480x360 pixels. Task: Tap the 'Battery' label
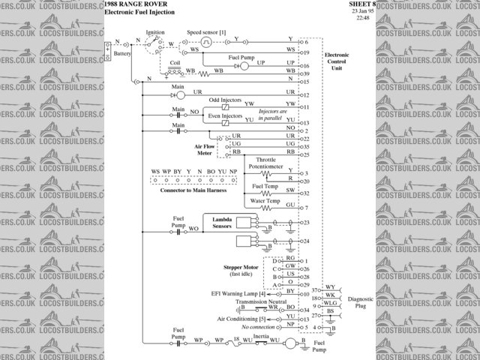coord(123,55)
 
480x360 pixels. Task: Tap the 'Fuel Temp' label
coord(265,186)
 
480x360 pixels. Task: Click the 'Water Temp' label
coord(265,202)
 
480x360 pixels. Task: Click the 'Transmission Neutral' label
coord(260,301)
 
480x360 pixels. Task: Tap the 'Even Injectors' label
coord(223,116)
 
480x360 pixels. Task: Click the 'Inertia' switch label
coord(260,337)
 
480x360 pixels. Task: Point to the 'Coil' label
coord(175,63)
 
